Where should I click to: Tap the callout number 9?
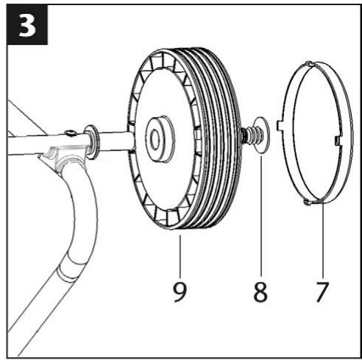tap(180, 289)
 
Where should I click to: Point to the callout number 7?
tap(321, 289)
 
